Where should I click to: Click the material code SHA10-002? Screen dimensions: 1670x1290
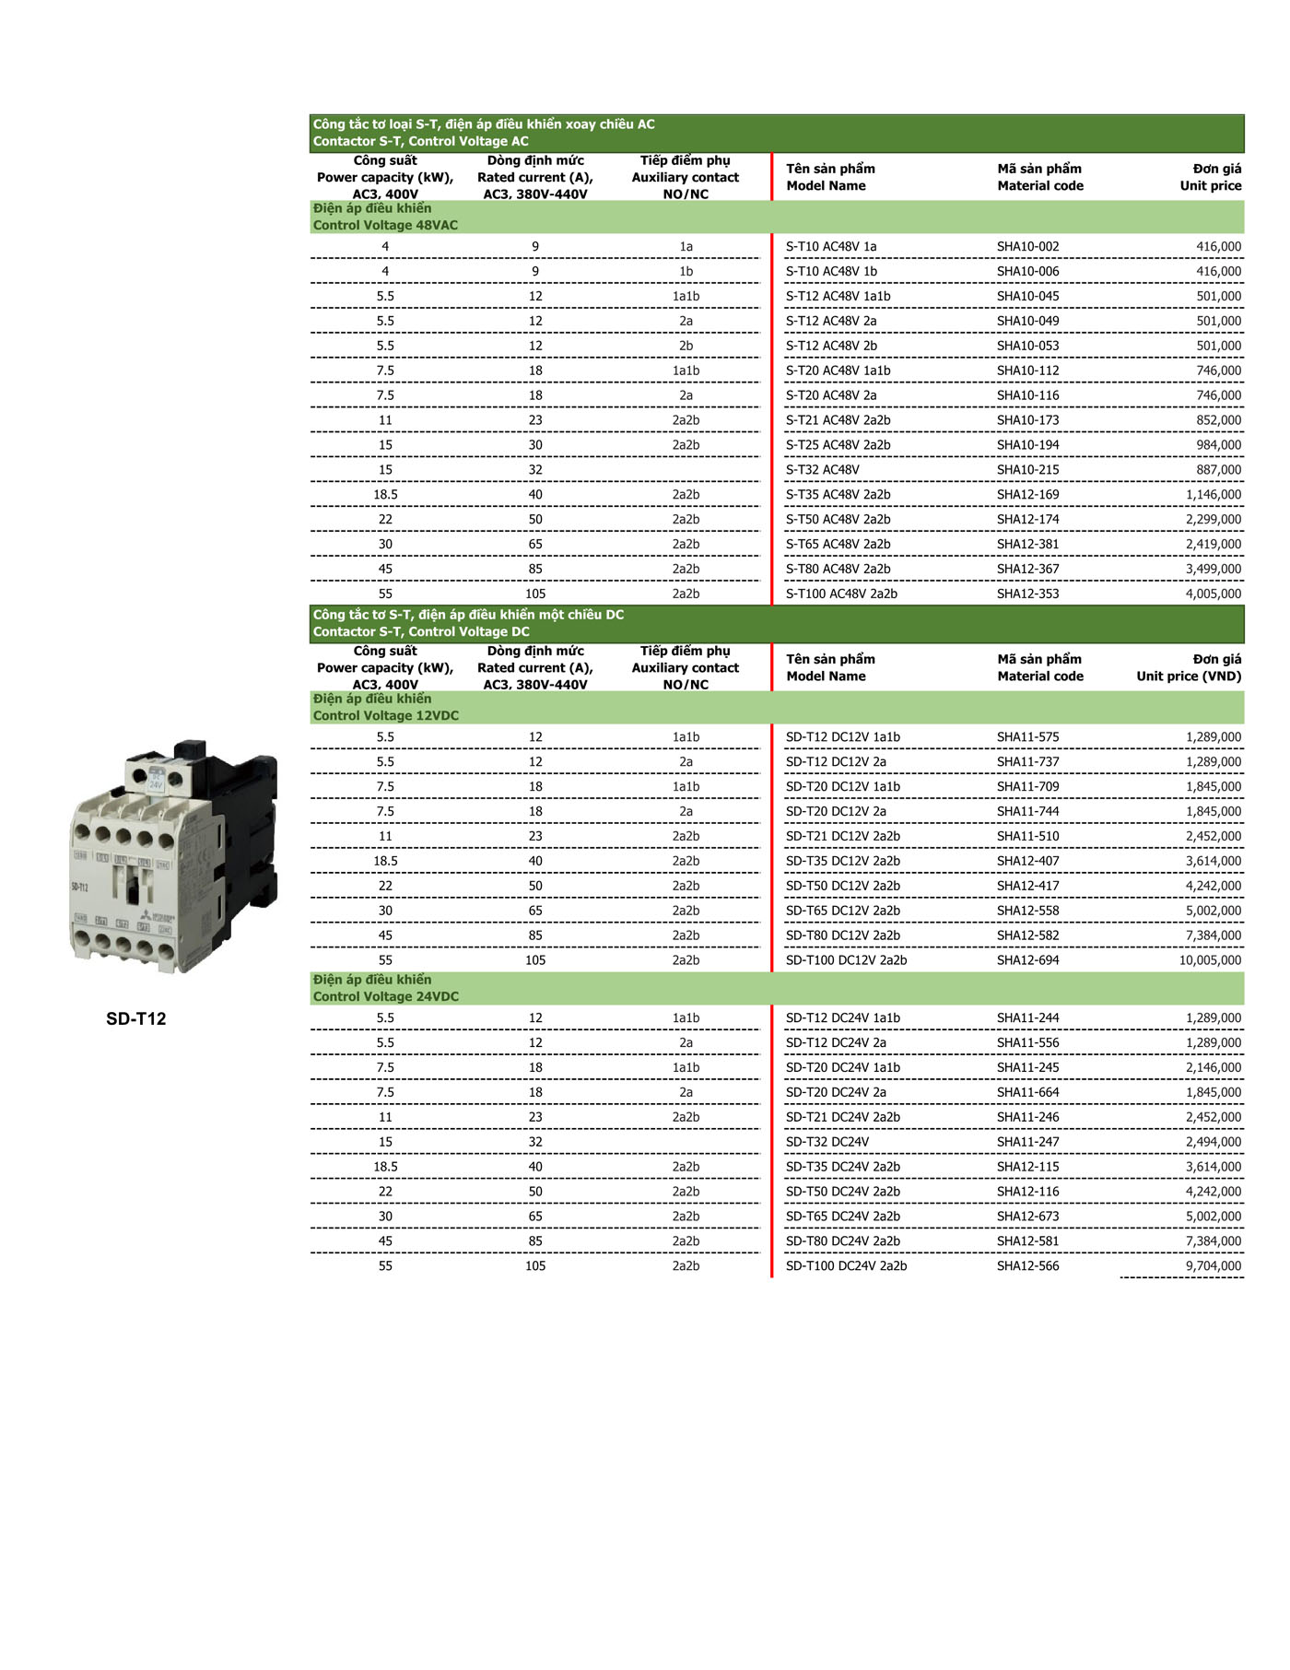[1027, 247]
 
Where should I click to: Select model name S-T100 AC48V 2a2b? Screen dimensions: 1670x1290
[840, 594]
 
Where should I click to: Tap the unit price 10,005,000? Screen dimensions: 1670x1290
[1209, 960]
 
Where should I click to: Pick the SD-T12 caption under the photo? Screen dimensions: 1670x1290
[135, 1018]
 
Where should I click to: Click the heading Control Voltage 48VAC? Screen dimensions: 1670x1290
[385, 226]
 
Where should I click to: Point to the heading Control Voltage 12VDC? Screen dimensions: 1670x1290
[385, 716]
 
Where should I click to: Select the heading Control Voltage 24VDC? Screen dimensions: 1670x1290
[385, 997]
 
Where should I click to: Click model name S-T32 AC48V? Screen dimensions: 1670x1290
[822, 470]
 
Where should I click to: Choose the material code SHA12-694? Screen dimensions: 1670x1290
[1027, 960]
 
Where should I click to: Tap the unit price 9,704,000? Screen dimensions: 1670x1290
[1213, 1266]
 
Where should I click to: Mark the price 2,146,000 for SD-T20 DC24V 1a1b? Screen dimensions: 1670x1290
[1213, 1068]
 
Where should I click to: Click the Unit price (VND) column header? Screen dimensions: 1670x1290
[1188, 676]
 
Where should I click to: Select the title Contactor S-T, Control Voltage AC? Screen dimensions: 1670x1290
[420, 142]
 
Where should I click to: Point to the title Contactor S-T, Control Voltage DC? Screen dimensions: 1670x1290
[420, 632]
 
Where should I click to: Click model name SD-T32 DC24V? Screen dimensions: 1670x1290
[827, 1143]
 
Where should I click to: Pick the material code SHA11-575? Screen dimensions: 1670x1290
[1027, 737]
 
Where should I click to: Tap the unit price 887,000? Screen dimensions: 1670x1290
[1218, 470]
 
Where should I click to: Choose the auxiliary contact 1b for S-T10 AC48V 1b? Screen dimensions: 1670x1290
[686, 272]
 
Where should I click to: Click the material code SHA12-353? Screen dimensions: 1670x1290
[1027, 594]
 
